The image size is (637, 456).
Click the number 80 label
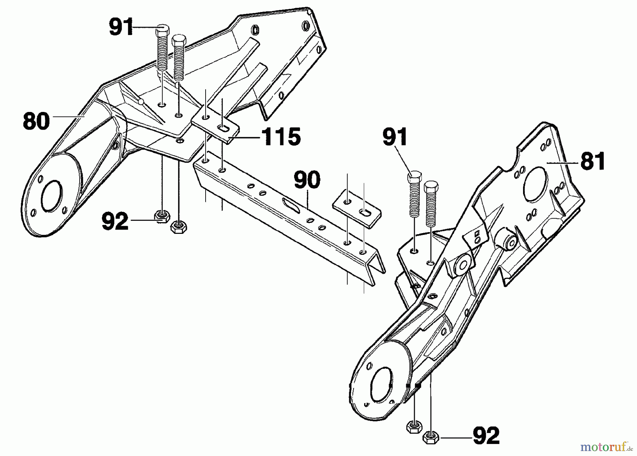36,121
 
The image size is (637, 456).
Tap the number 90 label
307,180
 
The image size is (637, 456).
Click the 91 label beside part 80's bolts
121,27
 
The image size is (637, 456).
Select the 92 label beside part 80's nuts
115,221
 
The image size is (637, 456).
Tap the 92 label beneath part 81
486,435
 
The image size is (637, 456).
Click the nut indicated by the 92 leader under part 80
162,216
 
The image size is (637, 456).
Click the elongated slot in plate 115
224,129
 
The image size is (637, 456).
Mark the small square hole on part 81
477,233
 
